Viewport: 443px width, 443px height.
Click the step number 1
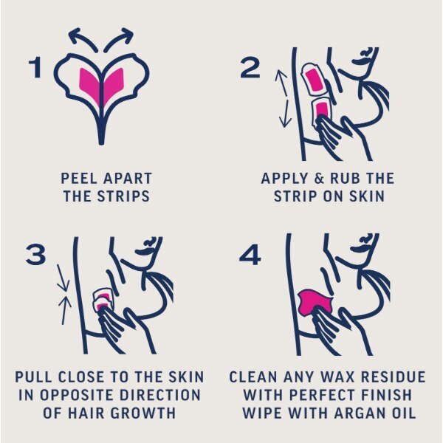(x=35, y=67)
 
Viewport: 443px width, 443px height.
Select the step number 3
(x=35, y=255)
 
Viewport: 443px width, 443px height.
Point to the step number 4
(x=250, y=255)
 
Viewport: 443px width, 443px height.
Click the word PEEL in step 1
(x=80, y=179)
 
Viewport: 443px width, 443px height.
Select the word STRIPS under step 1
(x=123, y=196)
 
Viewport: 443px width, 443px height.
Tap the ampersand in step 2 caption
(x=319, y=179)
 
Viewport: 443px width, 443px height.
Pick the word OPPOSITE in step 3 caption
(x=78, y=395)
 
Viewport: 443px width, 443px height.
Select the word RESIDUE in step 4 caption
(x=394, y=377)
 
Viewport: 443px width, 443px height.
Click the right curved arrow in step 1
(x=119, y=38)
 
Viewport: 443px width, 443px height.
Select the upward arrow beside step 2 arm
(x=282, y=83)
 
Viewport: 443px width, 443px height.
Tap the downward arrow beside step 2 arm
(x=285, y=112)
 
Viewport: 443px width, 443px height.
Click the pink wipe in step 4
(x=315, y=301)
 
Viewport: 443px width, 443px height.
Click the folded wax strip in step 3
(x=103, y=300)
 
